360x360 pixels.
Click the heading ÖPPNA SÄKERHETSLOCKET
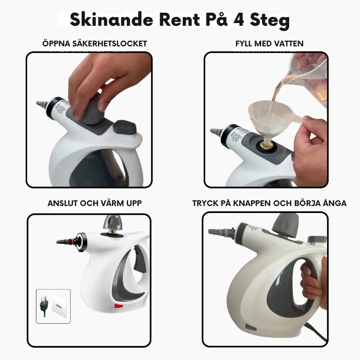pyautogui.click(x=94, y=44)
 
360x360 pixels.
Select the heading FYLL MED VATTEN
pyautogui.click(x=269, y=44)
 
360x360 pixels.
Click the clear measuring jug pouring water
pyautogui.click(x=308, y=77)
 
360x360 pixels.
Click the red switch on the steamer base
pyautogui.click(x=118, y=306)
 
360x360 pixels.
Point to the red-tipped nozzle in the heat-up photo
pyautogui.click(x=66, y=241)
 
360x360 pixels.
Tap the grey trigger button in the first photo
pyautogui.click(x=126, y=128)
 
